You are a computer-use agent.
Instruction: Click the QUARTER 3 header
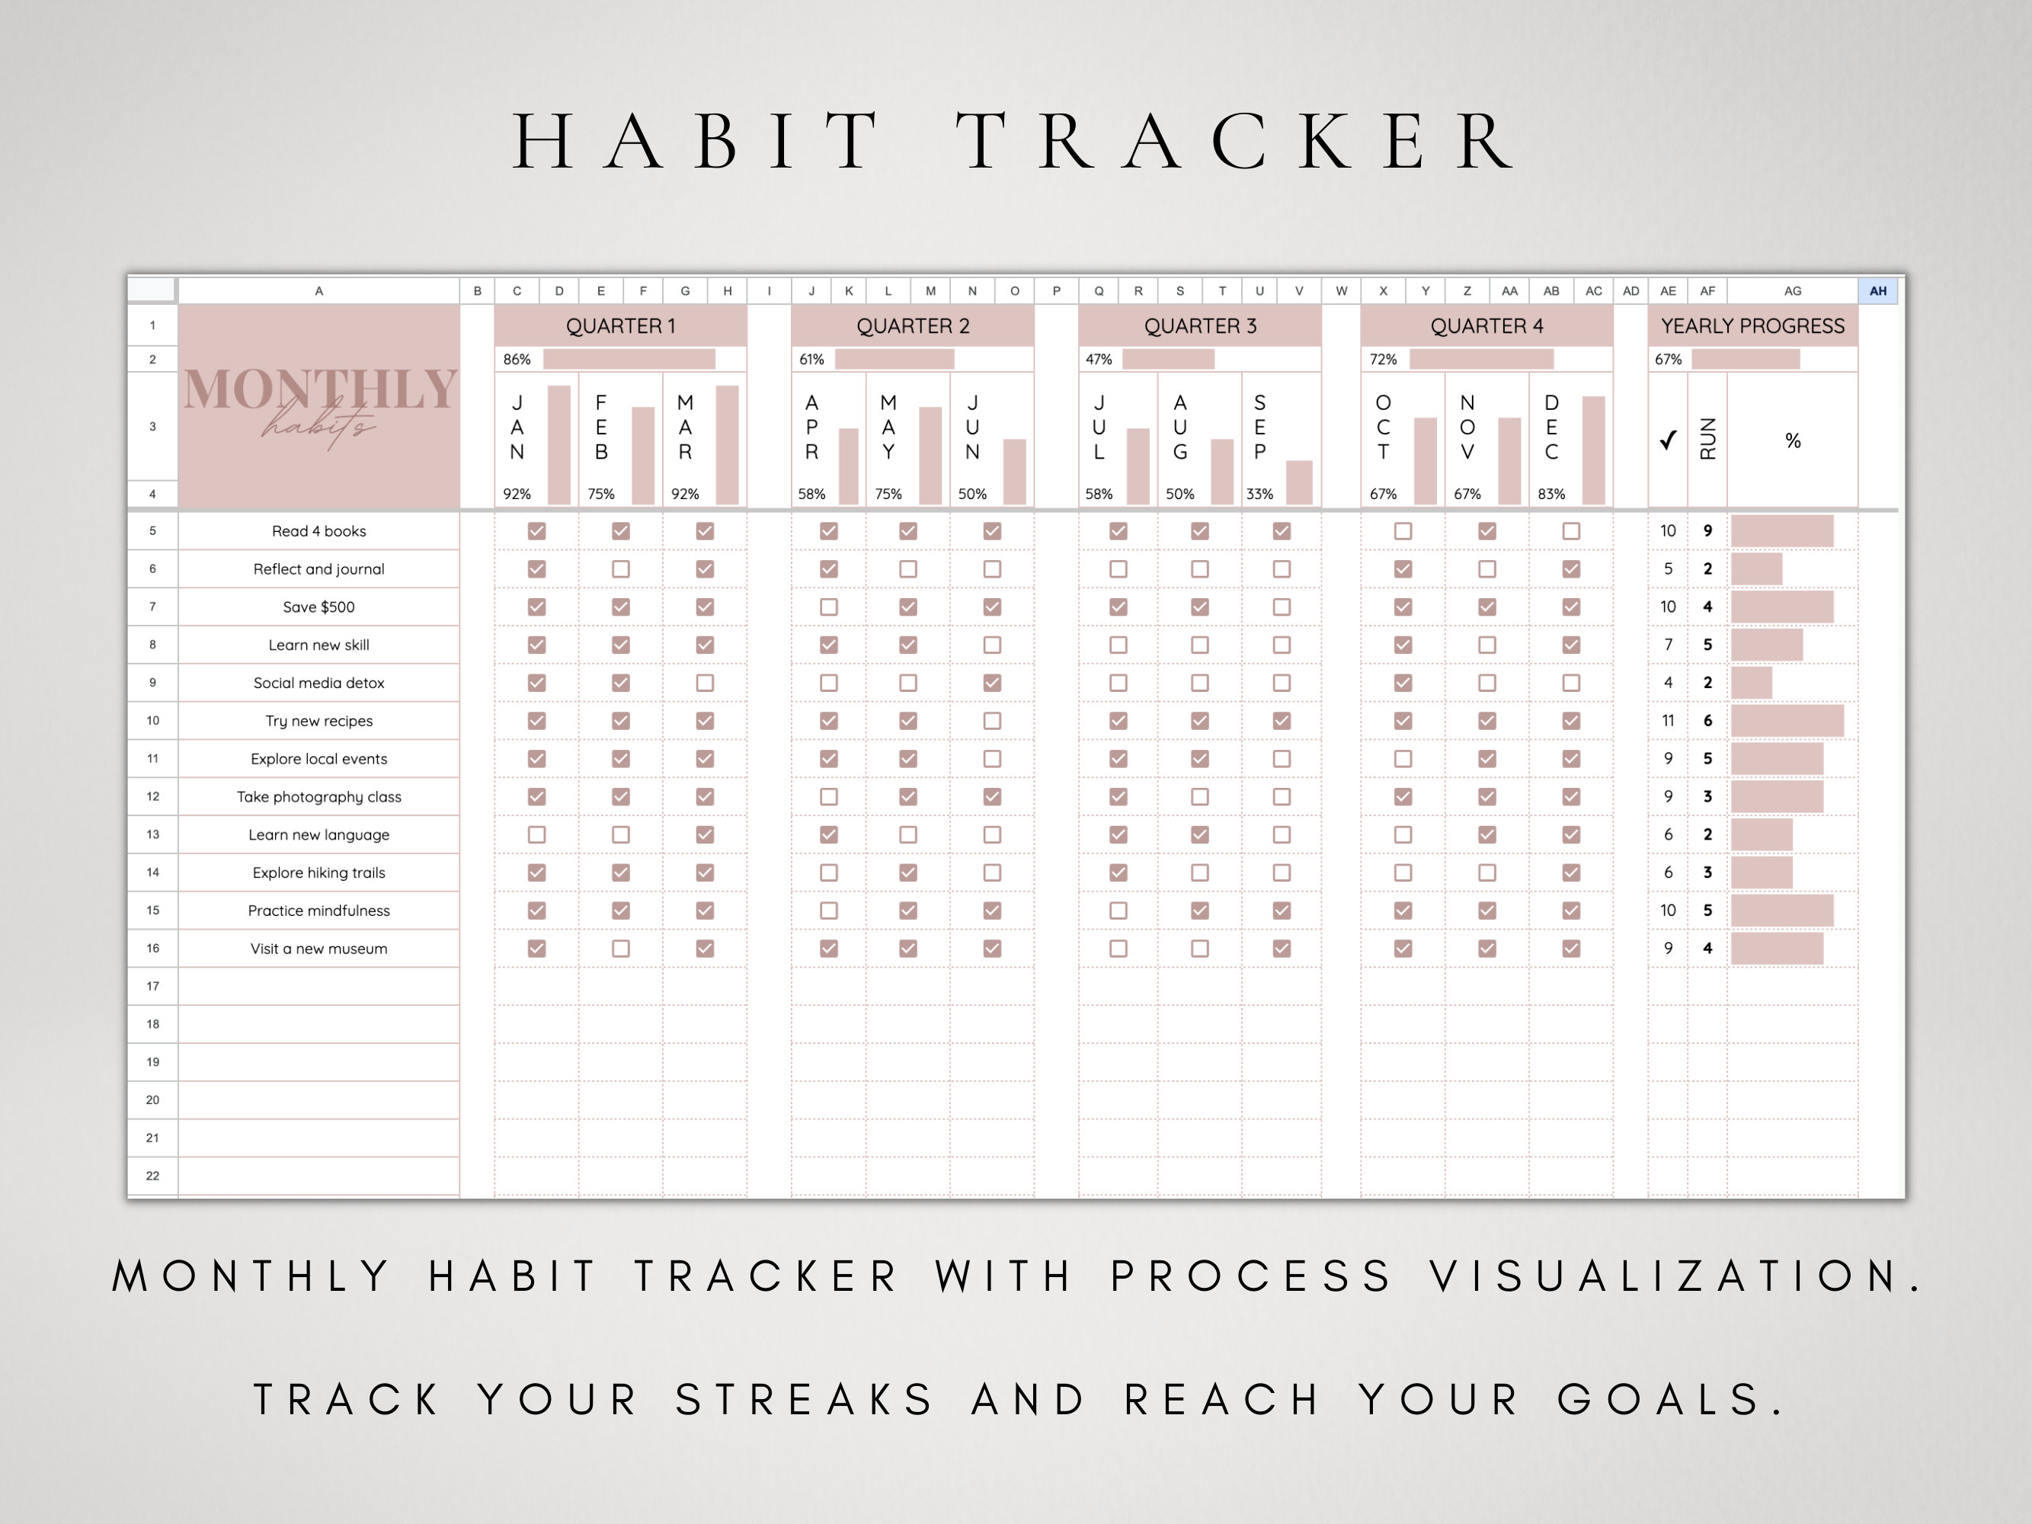point(1200,326)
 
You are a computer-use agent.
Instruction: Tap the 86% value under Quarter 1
point(517,359)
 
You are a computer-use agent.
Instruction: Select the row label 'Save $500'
point(318,607)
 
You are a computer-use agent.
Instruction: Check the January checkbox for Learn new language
point(536,835)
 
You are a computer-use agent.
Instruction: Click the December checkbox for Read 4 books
point(1571,531)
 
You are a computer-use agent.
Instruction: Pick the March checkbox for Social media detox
point(705,684)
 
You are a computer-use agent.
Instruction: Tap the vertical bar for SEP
point(1299,482)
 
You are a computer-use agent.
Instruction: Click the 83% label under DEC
point(1550,495)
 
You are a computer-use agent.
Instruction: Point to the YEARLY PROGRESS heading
point(1752,326)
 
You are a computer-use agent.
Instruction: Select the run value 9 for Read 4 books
point(1707,531)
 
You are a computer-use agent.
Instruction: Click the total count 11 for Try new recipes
point(1669,721)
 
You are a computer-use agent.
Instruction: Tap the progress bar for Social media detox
point(1752,684)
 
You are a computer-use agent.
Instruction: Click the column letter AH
point(1877,291)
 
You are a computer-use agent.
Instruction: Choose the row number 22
point(152,1176)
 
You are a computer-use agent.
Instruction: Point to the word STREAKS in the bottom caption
point(805,1400)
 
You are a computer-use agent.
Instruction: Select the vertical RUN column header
point(1707,439)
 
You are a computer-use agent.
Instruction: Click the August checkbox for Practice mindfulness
point(1200,911)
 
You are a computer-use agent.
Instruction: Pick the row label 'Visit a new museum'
point(318,949)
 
